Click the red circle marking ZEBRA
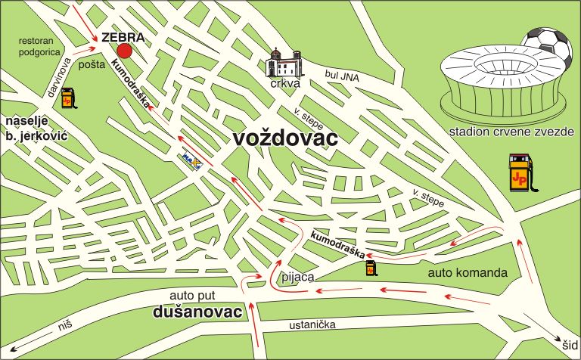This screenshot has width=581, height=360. [125, 50]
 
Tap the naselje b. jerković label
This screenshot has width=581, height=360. [36, 128]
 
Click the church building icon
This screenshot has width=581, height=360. [283, 63]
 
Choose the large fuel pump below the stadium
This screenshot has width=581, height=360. [520, 175]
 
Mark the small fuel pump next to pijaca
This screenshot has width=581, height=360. [371, 268]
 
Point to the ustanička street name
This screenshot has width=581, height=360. [312, 325]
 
